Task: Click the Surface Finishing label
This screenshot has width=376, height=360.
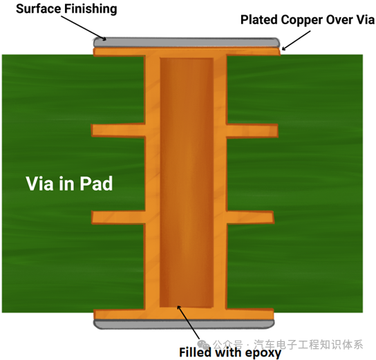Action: (66, 9)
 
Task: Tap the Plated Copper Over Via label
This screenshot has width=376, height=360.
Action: (308, 19)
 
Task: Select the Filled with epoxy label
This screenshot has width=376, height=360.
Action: (230, 352)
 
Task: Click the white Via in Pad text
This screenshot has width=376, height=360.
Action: (69, 184)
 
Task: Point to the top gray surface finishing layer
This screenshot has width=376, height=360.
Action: (187, 42)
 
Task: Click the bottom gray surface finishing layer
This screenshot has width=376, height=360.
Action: (184, 324)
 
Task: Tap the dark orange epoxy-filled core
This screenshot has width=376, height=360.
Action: (187, 182)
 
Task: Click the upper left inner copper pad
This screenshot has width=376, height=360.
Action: (118, 131)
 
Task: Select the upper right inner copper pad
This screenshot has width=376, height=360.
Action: (252, 131)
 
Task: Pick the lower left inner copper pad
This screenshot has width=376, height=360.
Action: (118, 217)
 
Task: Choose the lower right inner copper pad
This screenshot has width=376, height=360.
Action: (250, 217)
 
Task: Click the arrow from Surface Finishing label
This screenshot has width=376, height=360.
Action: (84, 28)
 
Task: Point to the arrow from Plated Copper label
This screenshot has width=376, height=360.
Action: (296, 41)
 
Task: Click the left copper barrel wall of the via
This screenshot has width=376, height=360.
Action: (153, 182)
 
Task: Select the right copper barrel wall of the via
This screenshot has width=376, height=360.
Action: (220, 182)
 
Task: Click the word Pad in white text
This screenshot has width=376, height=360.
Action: (96, 184)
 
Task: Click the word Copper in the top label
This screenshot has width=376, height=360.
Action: (302, 20)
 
